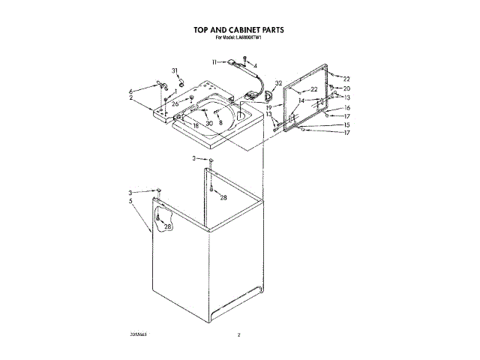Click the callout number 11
[214, 61]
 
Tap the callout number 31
[175, 70]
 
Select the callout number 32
[278, 83]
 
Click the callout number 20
[346, 88]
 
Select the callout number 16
[346, 108]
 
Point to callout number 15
[346, 124]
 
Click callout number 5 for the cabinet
[130, 201]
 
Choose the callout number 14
[301, 100]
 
